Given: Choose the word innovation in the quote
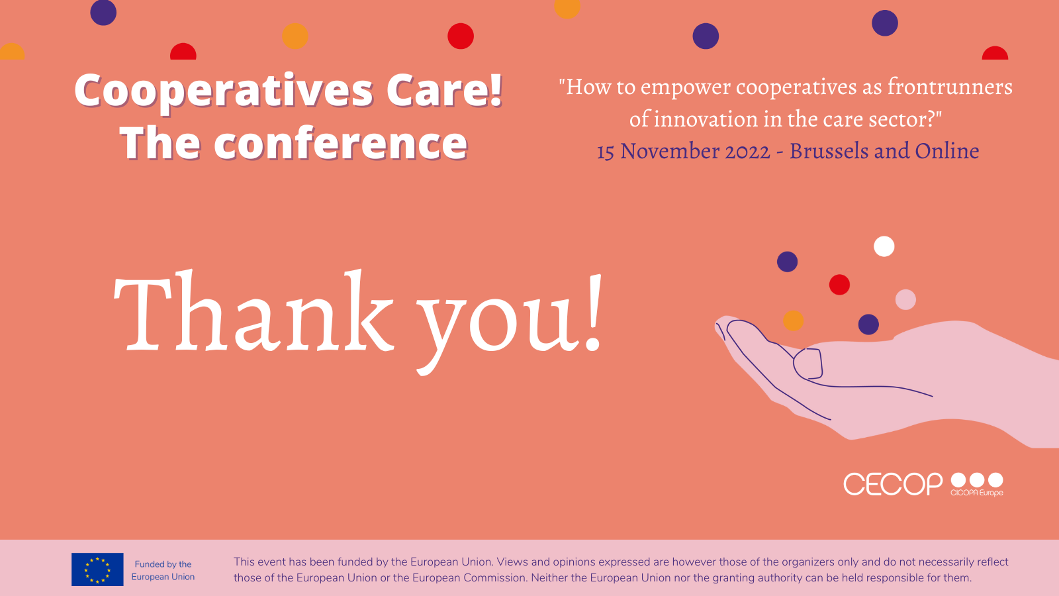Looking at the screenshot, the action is click(x=706, y=119).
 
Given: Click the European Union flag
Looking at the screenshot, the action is click(x=97, y=570).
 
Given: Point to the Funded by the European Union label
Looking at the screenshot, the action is click(x=163, y=570).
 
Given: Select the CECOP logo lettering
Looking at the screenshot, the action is click(x=893, y=484).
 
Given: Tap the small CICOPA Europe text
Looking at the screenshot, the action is click(x=977, y=493).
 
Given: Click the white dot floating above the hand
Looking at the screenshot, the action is click(x=884, y=246).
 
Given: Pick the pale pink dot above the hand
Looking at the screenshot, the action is click(x=905, y=299).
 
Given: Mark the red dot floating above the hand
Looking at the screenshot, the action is click(x=839, y=285).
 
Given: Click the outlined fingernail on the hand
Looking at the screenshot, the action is click(x=808, y=364).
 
